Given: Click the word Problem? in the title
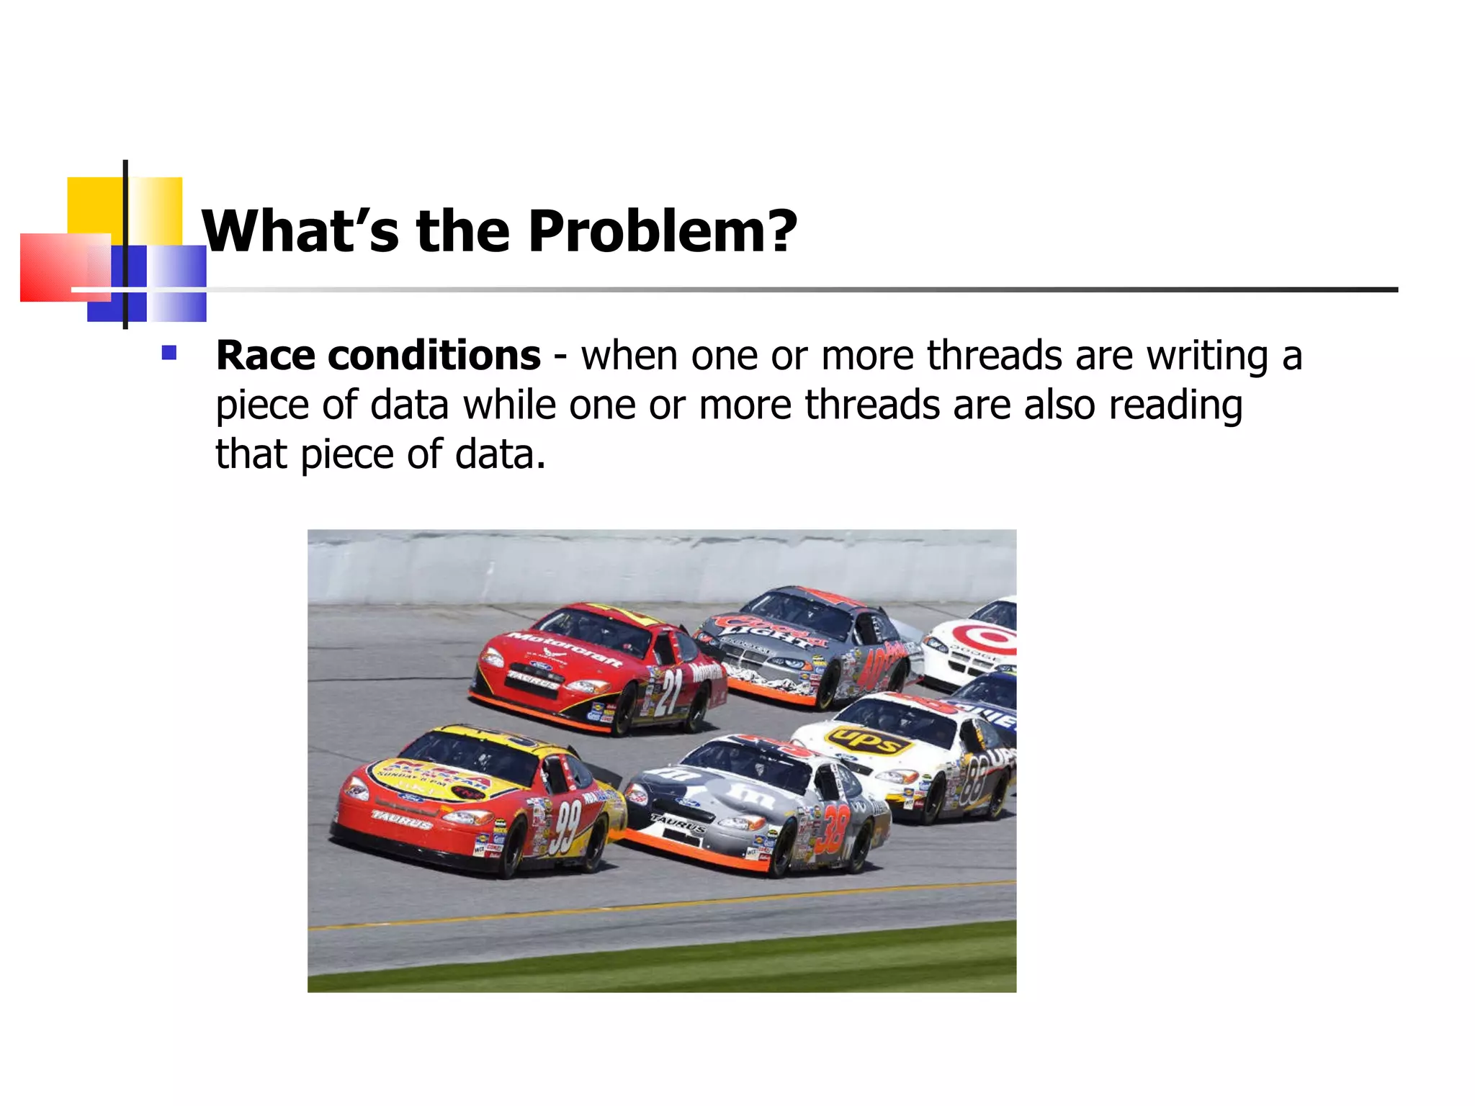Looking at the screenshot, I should point(663,232).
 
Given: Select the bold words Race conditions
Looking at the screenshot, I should point(378,356).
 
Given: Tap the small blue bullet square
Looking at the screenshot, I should point(169,353).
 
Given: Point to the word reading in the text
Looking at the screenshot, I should point(1175,405).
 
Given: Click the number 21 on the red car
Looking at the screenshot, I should point(671,692).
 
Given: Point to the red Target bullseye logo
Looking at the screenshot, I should point(991,637).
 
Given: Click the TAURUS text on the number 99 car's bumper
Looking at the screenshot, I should point(401,819).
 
